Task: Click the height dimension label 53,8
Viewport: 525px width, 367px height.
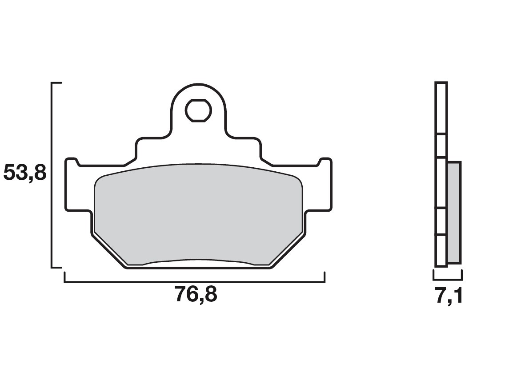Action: coord(24,173)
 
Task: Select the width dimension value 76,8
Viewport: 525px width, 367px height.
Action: coord(196,295)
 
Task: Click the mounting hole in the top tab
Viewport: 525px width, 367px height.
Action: coord(198,110)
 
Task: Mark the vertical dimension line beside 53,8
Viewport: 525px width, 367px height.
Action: coord(52,175)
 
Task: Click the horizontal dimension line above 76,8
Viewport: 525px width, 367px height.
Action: coord(195,282)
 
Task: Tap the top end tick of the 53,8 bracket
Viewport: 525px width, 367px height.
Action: coord(56,83)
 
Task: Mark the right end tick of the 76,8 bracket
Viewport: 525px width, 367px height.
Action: coord(325,277)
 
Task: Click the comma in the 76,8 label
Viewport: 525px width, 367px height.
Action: coord(199,300)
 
